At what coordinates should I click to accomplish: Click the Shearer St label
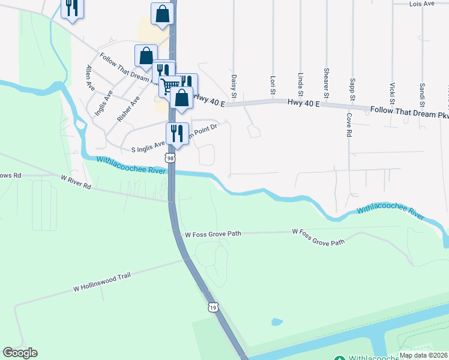(327, 82)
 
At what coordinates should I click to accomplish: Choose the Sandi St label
(422, 92)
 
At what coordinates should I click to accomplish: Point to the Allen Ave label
(90, 77)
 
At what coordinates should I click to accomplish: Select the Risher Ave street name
(128, 109)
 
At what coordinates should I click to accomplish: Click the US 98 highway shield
(171, 158)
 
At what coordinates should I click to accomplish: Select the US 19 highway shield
(213, 307)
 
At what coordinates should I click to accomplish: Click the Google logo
(20, 353)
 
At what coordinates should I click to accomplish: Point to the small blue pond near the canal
(277, 322)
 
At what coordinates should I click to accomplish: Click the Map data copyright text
(423, 355)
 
